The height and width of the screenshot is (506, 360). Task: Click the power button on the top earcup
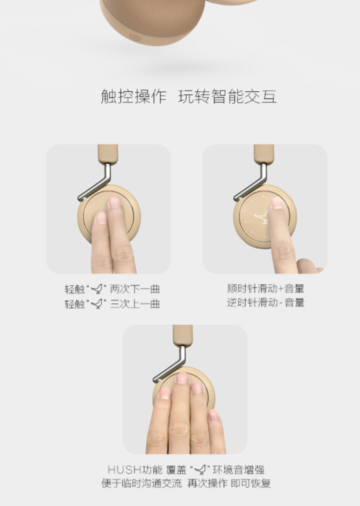pyautogui.click(x=135, y=37)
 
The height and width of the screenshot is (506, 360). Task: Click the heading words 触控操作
pyautogui.click(x=133, y=96)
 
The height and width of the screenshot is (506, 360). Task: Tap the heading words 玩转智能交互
pyautogui.click(x=228, y=96)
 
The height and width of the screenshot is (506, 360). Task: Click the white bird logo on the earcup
pyautogui.click(x=262, y=217)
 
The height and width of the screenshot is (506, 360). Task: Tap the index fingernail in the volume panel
pyautogui.click(x=277, y=203)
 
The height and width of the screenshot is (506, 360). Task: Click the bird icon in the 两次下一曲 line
pyautogui.click(x=97, y=289)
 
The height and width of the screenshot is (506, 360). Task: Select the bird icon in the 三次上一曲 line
pyautogui.click(x=97, y=303)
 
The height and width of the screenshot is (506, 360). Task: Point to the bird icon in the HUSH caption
pyautogui.click(x=200, y=469)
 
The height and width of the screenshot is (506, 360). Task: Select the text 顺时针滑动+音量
pyautogui.click(x=265, y=288)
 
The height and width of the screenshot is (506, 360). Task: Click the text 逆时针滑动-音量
pyautogui.click(x=265, y=302)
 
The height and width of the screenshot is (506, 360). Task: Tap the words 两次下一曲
pyautogui.click(x=135, y=289)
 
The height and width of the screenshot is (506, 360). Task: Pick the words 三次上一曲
pyautogui.click(x=135, y=304)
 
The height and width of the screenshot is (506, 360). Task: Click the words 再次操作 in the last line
pyautogui.click(x=207, y=483)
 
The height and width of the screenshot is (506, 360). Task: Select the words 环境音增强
pyautogui.click(x=239, y=469)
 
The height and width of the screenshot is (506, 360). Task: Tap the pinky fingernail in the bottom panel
pyautogui.click(x=213, y=415)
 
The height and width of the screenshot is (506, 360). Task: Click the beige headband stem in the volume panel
pyautogui.click(x=264, y=154)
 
